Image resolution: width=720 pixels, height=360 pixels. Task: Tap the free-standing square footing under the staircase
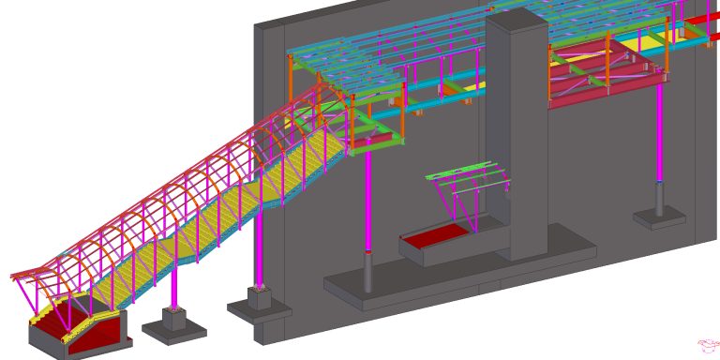click(174, 322)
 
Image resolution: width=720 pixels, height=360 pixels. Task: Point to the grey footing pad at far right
click(659, 218)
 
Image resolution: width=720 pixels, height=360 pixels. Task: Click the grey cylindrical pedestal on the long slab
click(367, 272)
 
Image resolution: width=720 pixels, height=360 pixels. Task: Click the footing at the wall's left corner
click(259, 304)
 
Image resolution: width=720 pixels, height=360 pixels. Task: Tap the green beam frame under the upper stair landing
click(375, 141)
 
